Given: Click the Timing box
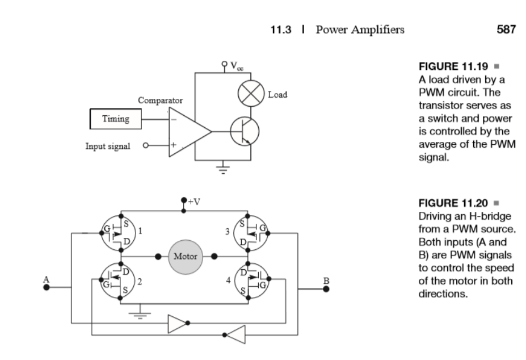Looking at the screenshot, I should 115,119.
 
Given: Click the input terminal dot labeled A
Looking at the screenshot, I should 47,288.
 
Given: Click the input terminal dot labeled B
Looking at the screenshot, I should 326,288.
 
